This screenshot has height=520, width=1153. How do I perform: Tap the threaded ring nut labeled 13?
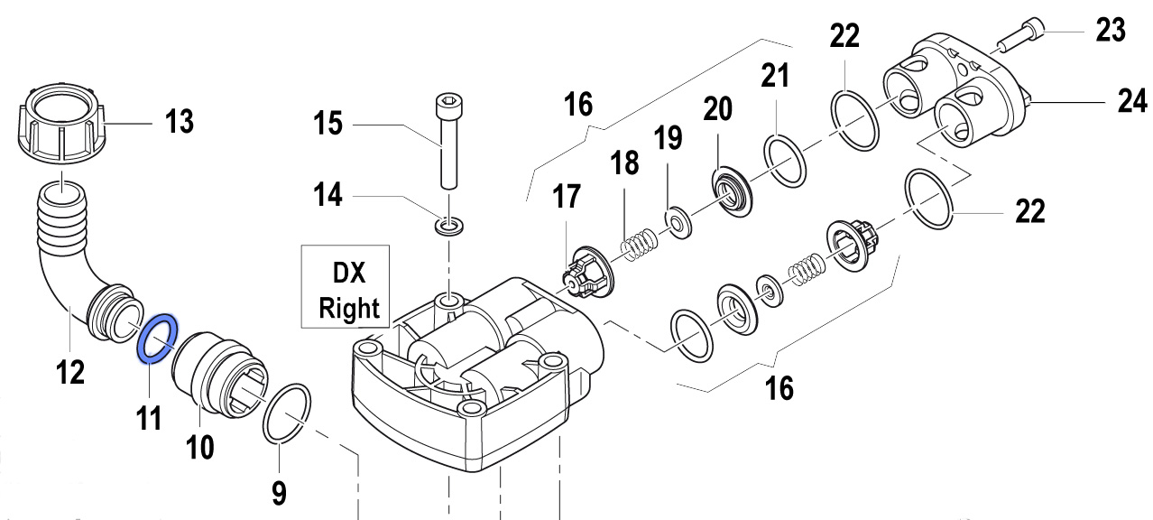60,127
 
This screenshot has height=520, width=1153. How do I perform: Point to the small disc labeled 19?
672,218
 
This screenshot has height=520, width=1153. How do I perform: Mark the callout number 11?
149,418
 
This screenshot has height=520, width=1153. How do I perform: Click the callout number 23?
1111,31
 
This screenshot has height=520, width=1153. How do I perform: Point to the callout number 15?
327,121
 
